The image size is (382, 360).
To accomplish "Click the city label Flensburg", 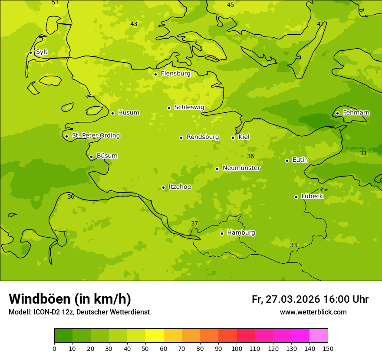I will [175, 74].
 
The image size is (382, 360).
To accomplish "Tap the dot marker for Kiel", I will [233, 137].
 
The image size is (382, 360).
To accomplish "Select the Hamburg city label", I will [241, 233].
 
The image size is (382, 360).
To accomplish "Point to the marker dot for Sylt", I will [30, 52].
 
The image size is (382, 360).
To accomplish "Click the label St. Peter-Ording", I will [95, 136].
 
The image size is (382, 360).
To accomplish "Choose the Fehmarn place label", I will [356, 113].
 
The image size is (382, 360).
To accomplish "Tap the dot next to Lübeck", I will [296, 197].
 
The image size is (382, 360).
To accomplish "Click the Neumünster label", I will [241, 168].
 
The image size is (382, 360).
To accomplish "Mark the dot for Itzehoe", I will [163, 187].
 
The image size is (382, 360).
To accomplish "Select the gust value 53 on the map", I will [55, 3].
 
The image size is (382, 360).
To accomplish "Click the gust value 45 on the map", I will [231, 5].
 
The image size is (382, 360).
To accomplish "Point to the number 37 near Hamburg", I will [194, 223].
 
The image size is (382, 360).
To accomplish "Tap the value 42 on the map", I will [320, 24].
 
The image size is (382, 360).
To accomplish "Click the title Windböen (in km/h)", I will [70, 299].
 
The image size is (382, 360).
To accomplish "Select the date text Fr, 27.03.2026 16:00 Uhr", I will [310, 299].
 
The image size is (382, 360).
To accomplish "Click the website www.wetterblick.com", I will [313, 312].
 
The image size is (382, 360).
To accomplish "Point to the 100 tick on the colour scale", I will [237, 349].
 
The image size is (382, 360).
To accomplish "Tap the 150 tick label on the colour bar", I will [328, 349].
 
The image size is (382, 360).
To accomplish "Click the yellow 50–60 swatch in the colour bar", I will [155, 336].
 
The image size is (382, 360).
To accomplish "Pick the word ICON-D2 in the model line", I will [47, 312].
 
